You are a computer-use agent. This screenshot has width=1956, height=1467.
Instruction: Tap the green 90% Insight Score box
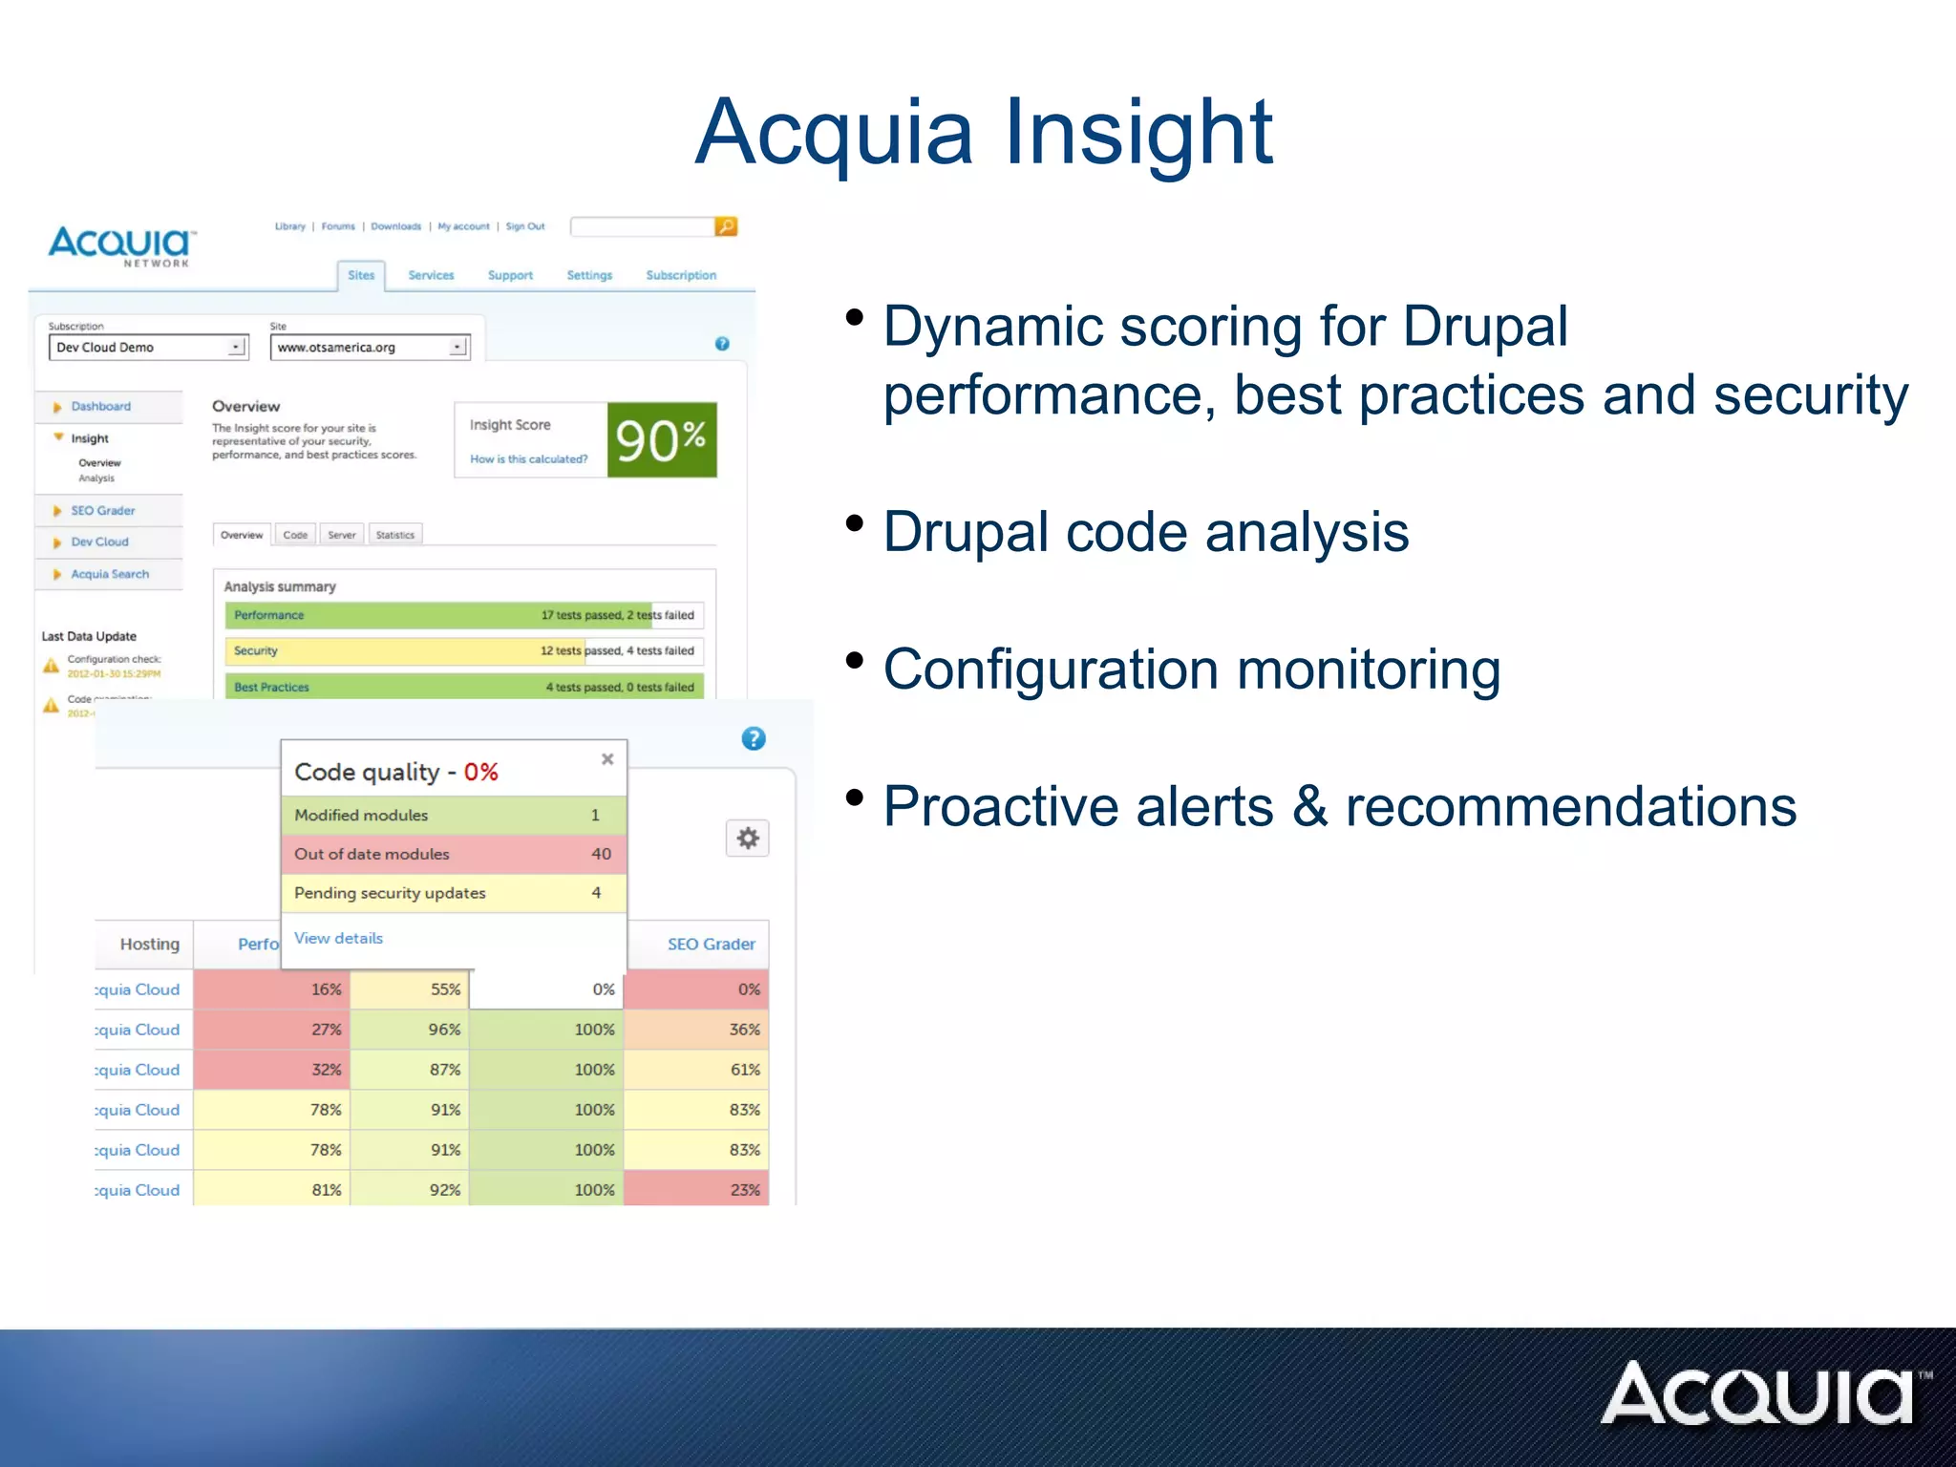pyautogui.click(x=662, y=440)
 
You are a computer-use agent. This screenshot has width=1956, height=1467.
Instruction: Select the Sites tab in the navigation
pyautogui.click(x=361, y=275)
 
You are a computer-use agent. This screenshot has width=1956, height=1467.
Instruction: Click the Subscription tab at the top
pyautogui.click(x=681, y=275)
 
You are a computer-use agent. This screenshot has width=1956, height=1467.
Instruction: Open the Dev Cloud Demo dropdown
pyautogui.click(x=148, y=348)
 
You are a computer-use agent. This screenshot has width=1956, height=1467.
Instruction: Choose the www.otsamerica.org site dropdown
pyautogui.click(x=370, y=348)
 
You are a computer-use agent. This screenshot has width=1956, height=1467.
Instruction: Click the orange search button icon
pyautogui.click(x=726, y=226)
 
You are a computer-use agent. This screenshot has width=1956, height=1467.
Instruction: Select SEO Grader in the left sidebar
pyautogui.click(x=102, y=511)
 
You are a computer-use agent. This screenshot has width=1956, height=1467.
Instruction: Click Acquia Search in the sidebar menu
pyautogui.click(x=110, y=574)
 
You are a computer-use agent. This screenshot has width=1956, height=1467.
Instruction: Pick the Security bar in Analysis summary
pyautogui.click(x=464, y=651)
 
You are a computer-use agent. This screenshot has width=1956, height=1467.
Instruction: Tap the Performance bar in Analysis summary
pyautogui.click(x=464, y=615)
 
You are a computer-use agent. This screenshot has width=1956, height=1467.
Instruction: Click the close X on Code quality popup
pyautogui.click(x=607, y=759)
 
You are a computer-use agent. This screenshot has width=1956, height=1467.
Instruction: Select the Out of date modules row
pyautogui.click(x=454, y=854)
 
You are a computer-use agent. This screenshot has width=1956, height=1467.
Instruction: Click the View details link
pyautogui.click(x=338, y=938)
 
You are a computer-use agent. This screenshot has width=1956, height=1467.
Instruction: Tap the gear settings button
pyautogui.click(x=748, y=839)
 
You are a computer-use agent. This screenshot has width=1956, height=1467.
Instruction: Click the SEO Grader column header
pyautogui.click(x=711, y=944)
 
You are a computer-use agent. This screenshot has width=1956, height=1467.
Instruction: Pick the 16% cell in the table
pyautogui.click(x=272, y=989)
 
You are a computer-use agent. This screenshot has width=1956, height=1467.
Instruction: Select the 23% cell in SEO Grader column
pyautogui.click(x=696, y=1190)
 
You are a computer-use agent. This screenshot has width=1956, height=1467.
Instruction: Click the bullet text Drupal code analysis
pyautogui.click(x=1145, y=532)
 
